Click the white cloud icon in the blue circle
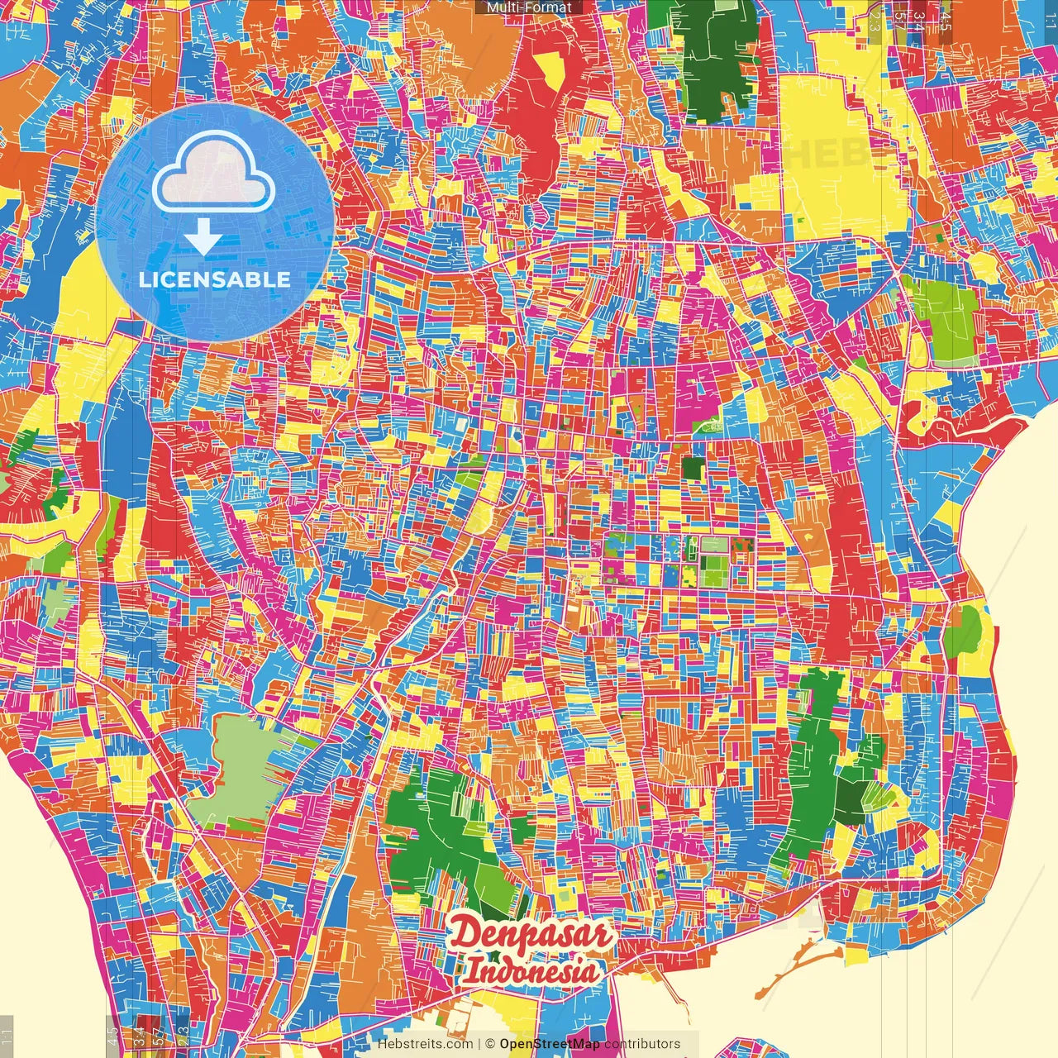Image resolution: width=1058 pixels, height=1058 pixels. point(213,174)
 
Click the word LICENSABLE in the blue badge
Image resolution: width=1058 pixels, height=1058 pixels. point(215,279)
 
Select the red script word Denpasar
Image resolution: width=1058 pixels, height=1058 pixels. point(531,935)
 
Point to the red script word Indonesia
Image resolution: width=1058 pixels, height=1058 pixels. point(530,970)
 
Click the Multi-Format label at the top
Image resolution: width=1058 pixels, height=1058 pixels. point(529,7)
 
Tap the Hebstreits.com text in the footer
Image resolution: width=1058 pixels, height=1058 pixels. point(425,1044)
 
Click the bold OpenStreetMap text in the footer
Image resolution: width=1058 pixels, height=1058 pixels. point(549,1044)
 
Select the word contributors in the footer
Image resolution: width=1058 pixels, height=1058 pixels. point(642,1044)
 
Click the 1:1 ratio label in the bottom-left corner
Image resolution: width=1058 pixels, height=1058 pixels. point(7,1033)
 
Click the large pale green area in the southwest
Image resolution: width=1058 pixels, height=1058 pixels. point(240,765)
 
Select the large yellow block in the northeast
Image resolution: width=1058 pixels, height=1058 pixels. point(827,157)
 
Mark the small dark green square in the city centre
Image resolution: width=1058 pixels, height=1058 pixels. point(693,468)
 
